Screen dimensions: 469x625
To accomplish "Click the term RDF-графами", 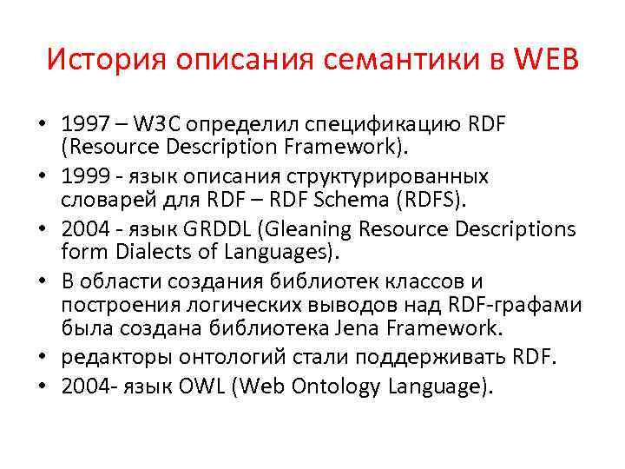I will pos(513,305).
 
